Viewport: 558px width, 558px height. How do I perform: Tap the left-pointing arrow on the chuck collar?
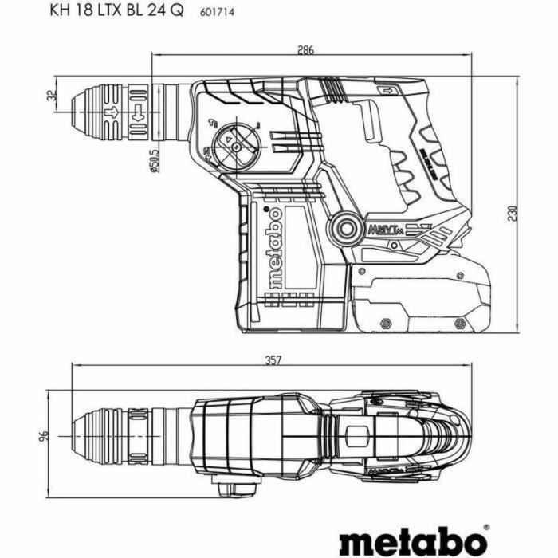[138, 113]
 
